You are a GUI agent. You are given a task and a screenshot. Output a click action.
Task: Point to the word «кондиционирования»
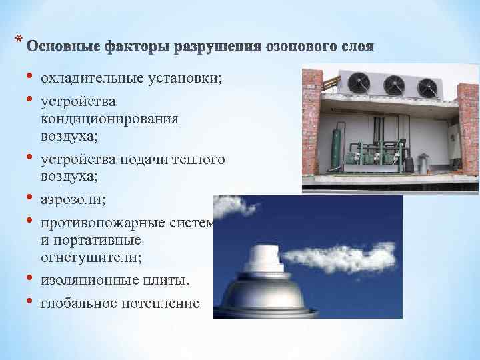coord(109,119)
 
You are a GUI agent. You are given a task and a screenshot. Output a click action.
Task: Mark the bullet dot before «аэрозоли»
coord(29,198)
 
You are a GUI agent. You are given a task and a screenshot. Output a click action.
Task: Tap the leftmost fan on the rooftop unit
coord(360,82)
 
